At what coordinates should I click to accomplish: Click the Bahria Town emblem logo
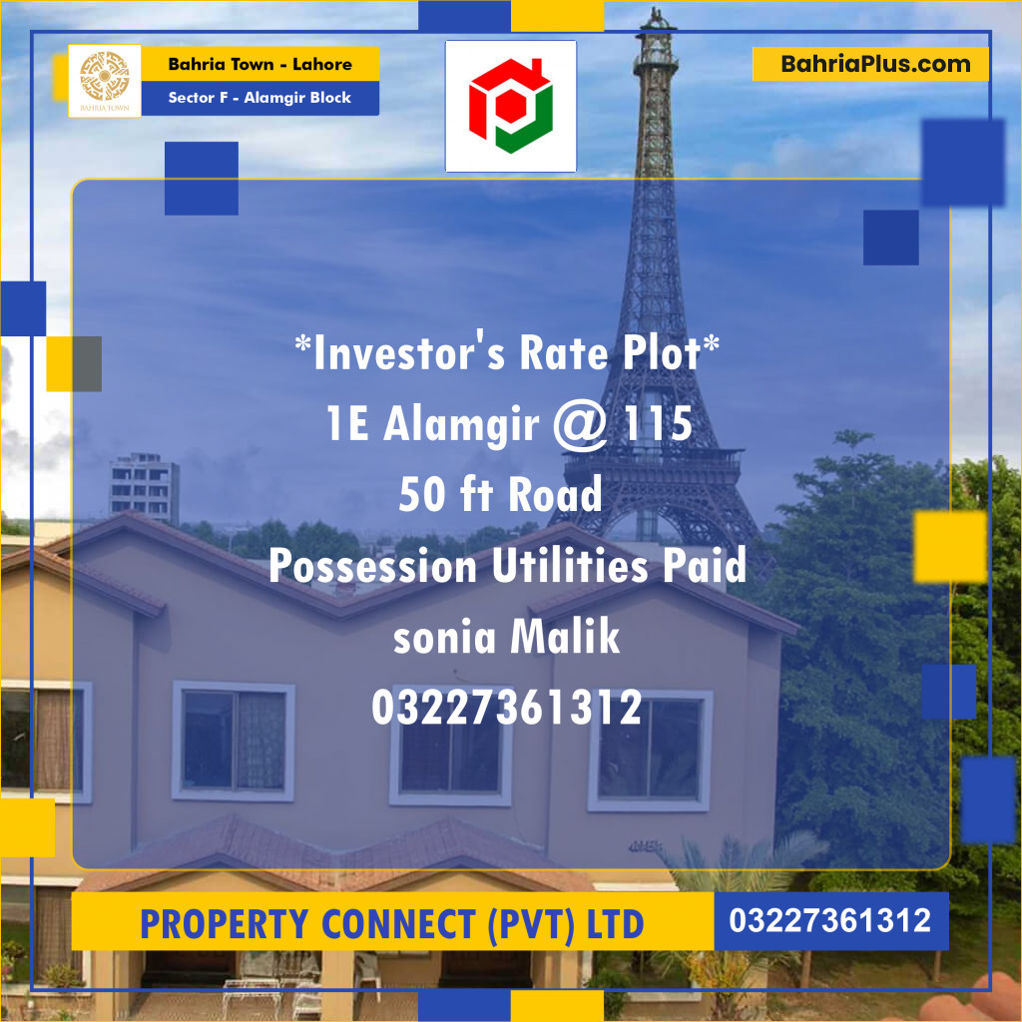[104, 80]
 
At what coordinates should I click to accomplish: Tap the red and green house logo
[510, 105]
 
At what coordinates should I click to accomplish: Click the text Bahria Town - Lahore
[259, 64]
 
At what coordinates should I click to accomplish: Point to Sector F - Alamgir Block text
[259, 98]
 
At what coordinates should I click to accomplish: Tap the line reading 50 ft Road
[500, 495]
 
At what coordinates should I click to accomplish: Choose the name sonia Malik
[506, 638]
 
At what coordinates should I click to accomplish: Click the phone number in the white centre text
[506, 708]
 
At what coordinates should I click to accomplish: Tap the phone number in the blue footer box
[830, 920]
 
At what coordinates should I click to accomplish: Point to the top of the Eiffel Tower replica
[657, 18]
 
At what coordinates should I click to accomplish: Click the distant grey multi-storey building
[144, 487]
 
